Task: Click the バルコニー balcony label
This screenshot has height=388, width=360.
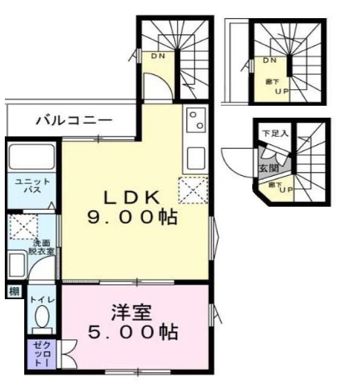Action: pos(73,120)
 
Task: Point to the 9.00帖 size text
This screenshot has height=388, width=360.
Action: pos(133,218)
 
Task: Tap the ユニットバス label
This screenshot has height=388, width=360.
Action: pos(25,186)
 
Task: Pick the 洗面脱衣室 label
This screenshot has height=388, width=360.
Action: pos(42,246)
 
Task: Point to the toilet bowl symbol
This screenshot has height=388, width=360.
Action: pos(41,318)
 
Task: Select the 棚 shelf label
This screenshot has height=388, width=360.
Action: pos(13,292)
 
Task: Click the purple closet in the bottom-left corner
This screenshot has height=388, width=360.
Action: pos(41,355)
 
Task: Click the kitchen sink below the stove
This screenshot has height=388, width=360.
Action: pos(196,157)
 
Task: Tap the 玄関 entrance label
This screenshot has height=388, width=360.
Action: pos(266,168)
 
